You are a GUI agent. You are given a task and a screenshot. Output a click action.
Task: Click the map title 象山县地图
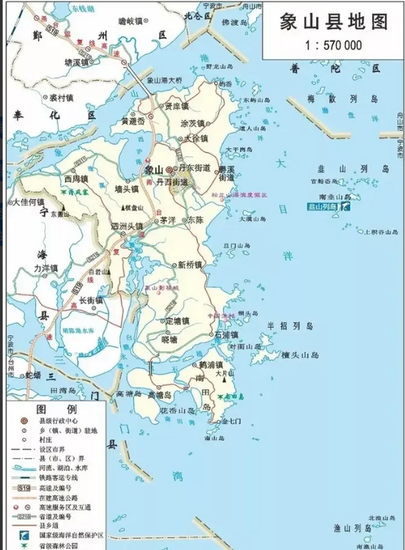pyautogui.click(x=334, y=22)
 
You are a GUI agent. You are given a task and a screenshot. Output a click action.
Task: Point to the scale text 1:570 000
pyautogui.click(x=334, y=45)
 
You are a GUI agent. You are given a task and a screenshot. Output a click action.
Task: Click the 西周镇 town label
pyautogui.click(x=76, y=178)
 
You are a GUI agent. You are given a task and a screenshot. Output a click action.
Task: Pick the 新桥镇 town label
pyautogui.click(x=190, y=265)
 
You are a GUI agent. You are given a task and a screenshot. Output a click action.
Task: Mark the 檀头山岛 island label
pyautogui.click(x=300, y=355)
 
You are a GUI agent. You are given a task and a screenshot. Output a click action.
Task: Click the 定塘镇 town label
pyautogui.click(x=178, y=321)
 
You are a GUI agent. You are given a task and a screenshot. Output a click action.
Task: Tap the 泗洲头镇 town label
pyautogui.click(x=127, y=226)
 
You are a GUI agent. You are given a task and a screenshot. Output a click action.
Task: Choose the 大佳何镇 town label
pyautogui.click(x=29, y=202)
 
